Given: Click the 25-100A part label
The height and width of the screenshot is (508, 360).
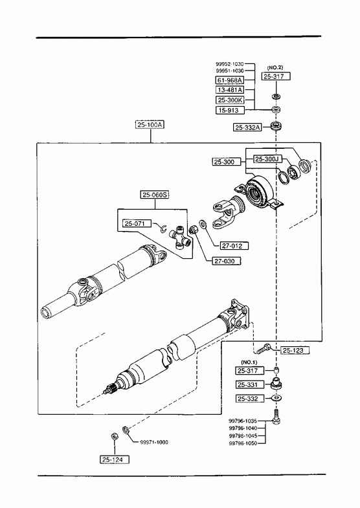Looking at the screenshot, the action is (150, 125).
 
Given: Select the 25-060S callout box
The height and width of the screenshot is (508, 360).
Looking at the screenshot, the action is (155, 195).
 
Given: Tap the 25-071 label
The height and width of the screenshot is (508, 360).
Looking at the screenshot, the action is (137, 223).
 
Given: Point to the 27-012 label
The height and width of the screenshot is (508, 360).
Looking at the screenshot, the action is (234, 245).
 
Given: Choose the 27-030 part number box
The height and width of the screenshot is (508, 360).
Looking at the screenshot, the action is (227, 261).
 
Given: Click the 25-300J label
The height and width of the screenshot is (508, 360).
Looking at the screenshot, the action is (267, 159).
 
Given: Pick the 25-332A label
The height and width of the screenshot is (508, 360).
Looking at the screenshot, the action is (247, 127).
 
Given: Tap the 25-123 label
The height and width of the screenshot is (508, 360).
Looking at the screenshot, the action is (295, 350).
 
